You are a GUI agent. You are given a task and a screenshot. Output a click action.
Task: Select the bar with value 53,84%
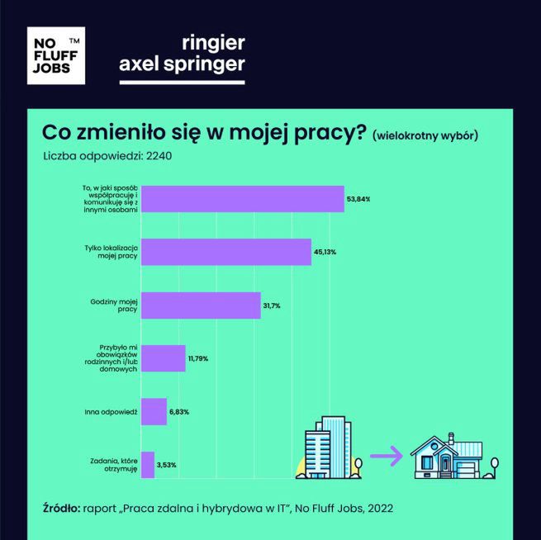click(242, 199)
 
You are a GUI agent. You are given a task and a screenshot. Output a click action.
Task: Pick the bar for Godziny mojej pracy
click(201, 306)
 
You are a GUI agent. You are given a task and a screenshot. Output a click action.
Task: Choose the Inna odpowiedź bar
click(154, 411)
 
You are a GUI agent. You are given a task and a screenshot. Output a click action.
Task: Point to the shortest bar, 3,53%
click(148, 465)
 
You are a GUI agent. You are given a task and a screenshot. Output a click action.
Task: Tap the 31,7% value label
click(273, 306)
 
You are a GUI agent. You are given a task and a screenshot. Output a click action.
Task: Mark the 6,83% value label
click(181, 411)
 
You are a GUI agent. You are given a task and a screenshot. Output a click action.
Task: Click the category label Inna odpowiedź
click(111, 411)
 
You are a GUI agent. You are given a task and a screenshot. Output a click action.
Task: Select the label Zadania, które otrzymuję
click(113, 465)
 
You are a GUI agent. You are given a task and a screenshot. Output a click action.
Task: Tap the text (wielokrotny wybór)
click(425, 135)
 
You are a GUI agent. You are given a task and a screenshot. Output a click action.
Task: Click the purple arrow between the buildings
click(385, 455)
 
